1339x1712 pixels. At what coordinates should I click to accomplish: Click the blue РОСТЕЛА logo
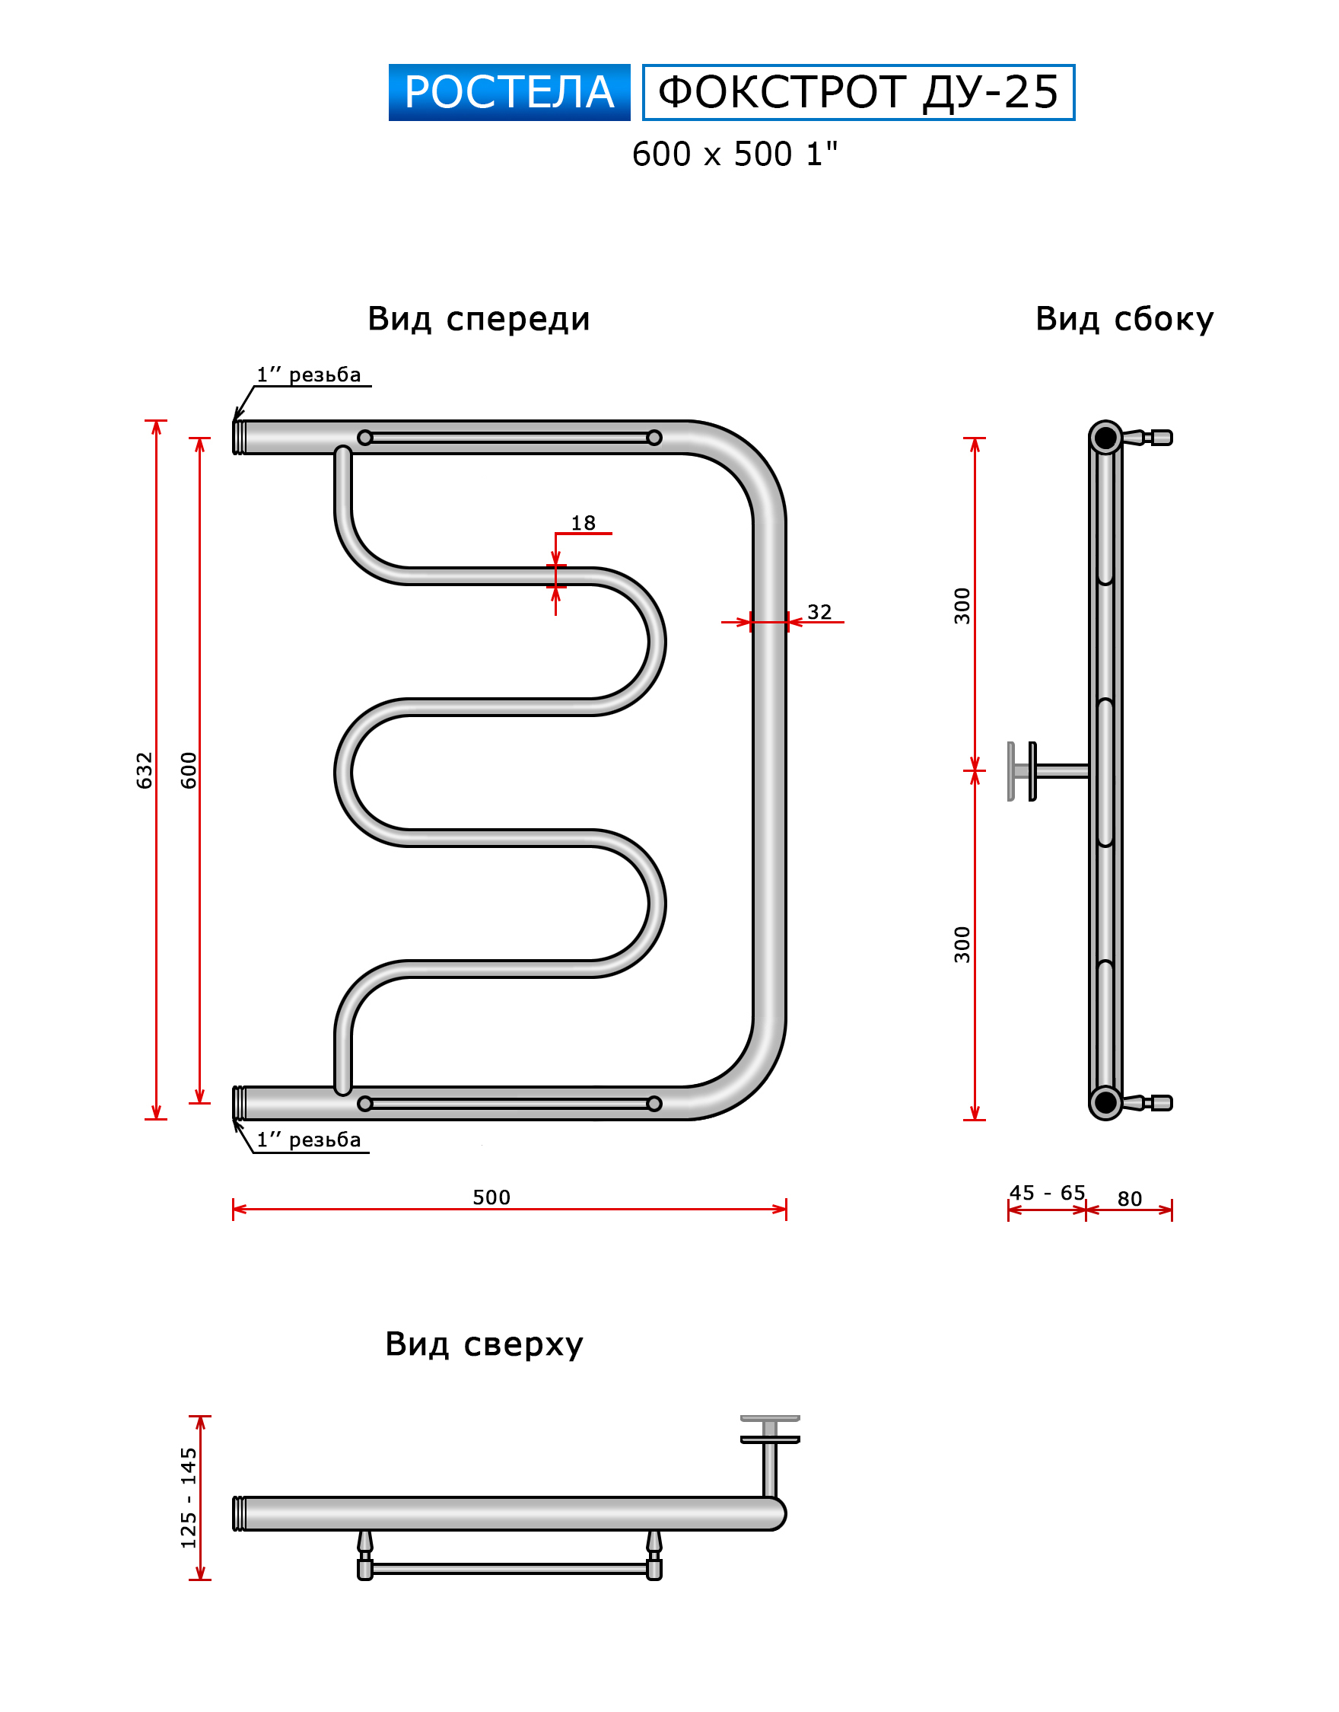point(509,93)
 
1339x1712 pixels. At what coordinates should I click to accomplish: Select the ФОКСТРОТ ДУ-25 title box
point(857,93)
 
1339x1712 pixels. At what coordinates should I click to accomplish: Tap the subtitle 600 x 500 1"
point(735,155)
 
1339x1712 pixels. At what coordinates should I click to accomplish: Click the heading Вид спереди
point(479,319)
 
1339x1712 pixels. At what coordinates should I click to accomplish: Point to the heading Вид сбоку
point(1124,319)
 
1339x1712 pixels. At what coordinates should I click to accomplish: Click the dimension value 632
point(145,770)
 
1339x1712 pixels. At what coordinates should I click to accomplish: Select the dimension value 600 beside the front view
point(189,770)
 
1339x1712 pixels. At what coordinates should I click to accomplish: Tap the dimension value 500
point(491,1197)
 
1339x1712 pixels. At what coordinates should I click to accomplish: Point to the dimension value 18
point(583,523)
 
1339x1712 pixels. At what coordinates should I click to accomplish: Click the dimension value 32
point(819,612)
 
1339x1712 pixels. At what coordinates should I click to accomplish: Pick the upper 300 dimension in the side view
point(962,604)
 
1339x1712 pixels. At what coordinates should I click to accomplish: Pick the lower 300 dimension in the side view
point(962,944)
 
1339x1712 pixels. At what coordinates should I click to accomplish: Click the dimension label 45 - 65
point(1047,1193)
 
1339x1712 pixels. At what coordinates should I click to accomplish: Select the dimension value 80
point(1129,1198)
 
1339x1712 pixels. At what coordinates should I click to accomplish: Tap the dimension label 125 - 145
point(189,1498)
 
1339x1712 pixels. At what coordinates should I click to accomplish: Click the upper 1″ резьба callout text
point(309,375)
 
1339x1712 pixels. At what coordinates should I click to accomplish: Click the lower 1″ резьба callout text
point(309,1140)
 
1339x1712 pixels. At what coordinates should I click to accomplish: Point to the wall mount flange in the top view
point(770,1430)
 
